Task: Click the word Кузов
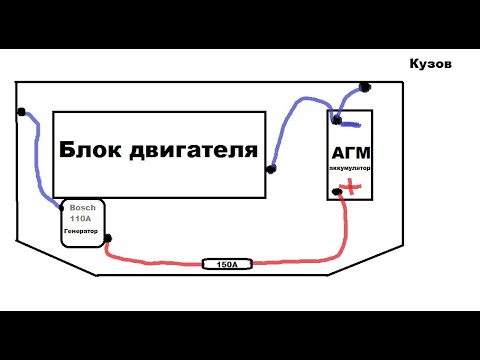tap(430, 62)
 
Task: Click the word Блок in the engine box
tap(93, 150)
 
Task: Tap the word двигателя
tap(195, 151)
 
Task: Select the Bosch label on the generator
tap(82, 207)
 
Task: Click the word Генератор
tap(81, 231)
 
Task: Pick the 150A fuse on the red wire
tap(227, 264)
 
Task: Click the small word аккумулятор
tap(350, 168)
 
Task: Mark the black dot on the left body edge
tap(20, 111)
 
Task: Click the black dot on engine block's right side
tap(272, 169)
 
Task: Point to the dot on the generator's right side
tap(107, 238)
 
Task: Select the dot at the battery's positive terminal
tap(337, 191)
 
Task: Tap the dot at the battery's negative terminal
tap(337, 121)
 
